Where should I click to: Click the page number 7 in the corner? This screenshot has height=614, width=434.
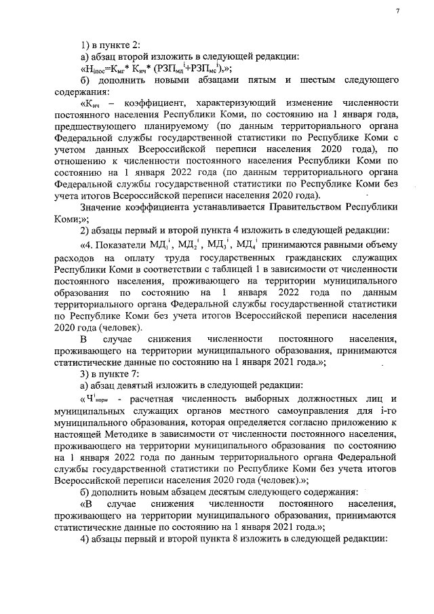pyautogui.click(x=399, y=11)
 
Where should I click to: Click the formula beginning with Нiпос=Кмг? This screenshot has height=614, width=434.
pyautogui.click(x=157, y=69)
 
